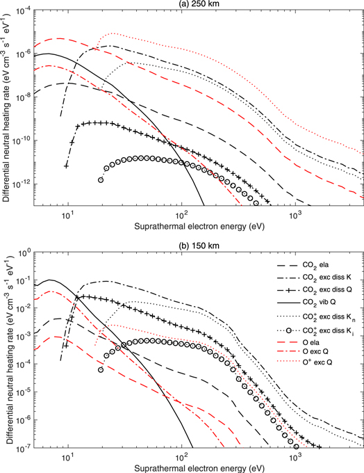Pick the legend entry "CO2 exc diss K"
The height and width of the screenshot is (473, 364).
coord(327,277)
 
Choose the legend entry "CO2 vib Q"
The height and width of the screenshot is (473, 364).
coord(320,302)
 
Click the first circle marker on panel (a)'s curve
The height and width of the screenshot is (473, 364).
coord(101,179)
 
